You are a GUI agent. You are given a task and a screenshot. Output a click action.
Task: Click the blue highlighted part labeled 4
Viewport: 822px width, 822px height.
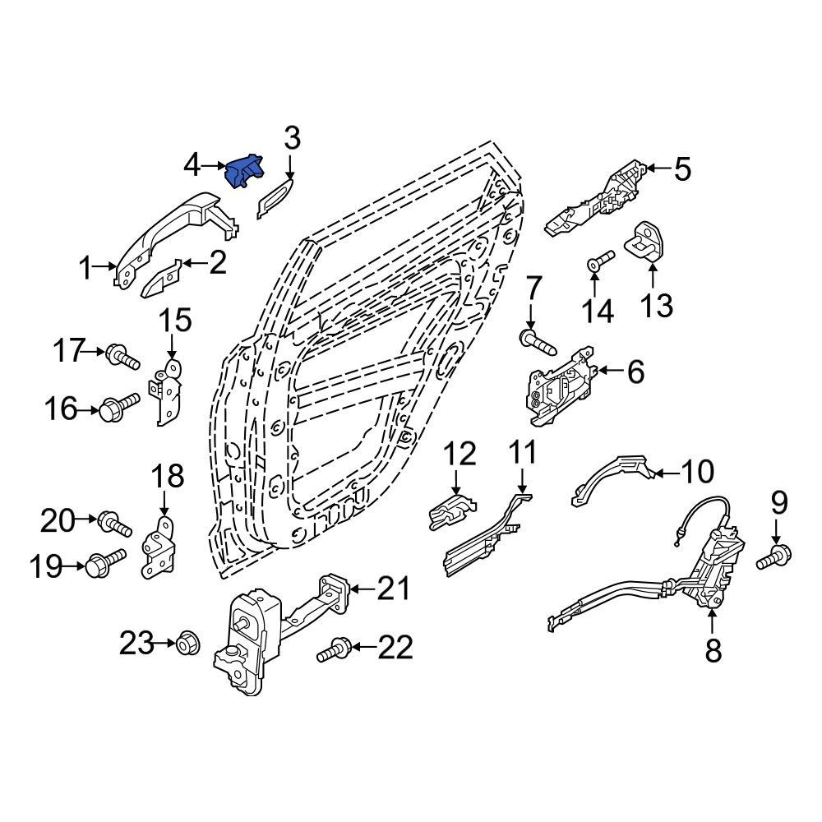coord(244,172)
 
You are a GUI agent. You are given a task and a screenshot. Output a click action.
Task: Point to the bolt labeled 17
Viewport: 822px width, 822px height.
coord(122,357)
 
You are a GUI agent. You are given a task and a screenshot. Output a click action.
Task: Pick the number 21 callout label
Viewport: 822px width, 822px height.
coord(392,588)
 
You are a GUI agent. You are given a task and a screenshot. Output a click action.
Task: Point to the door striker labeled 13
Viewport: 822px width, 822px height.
coord(649,242)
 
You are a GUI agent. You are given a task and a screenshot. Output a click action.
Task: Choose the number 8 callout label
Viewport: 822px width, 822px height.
coord(713,650)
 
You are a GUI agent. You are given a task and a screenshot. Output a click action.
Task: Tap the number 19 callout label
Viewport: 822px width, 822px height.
coord(47,567)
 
